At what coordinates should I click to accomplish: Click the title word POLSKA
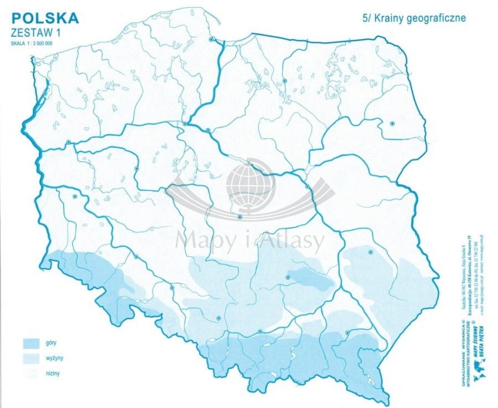pyautogui.click(x=44, y=17)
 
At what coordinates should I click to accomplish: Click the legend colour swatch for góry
pyautogui.click(x=31, y=344)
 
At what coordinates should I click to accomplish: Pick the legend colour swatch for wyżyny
pyautogui.click(x=31, y=359)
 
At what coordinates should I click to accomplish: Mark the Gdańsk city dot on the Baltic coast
pyautogui.click(x=212, y=39)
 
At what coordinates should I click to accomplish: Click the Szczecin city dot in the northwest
pyautogui.click(x=45, y=94)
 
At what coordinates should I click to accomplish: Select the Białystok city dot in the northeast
pyautogui.click(x=392, y=123)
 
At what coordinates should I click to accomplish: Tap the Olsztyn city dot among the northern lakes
pyautogui.click(x=285, y=81)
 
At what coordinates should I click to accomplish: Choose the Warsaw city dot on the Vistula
pyautogui.click(x=307, y=186)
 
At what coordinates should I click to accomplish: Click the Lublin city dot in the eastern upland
pyautogui.click(x=371, y=252)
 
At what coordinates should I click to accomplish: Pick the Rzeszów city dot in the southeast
pyautogui.click(x=348, y=332)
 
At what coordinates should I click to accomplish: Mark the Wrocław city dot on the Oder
pyautogui.click(x=136, y=257)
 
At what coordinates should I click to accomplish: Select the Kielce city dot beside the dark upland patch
pyautogui.click(x=288, y=277)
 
